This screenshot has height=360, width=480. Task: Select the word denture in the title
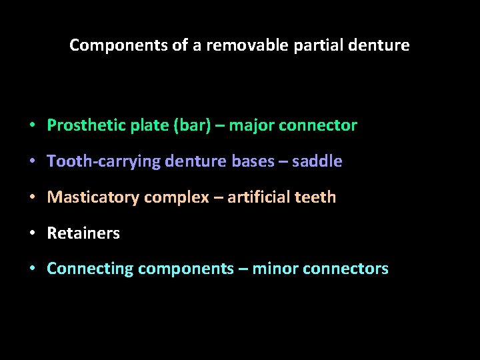pyautogui.click(x=383, y=45)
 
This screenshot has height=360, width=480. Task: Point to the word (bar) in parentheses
pyautogui.click(x=190, y=125)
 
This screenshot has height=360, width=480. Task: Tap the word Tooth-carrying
pyautogui.click(x=103, y=161)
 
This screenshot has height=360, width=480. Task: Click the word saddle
pyautogui.click(x=321, y=161)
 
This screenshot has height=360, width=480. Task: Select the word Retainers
pyautogui.click(x=83, y=233)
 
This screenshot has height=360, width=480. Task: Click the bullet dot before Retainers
pyautogui.click(x=32, y=234)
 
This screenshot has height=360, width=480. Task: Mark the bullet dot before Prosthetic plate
pyautogui.click(x=32, y=126)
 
